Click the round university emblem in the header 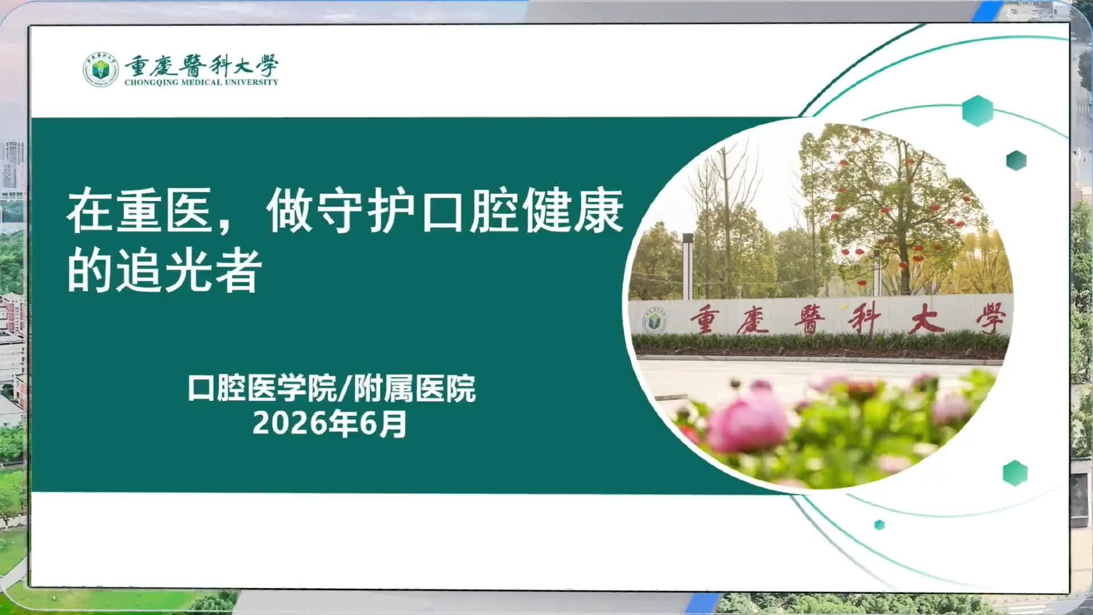coord(101,70)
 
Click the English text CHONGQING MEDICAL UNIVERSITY coord(202,82)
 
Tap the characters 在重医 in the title coord(140,211)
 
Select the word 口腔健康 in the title coord(523,211)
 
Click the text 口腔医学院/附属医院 coord(332,389)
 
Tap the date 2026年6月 coord(330,424)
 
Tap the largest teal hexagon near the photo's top coord(977,110)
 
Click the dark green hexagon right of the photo coord(1016,161)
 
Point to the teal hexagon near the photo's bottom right coord(1015,473)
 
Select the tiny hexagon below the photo coord(880,524)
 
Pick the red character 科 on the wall coord(865,321)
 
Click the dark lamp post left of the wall coord(688,265)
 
